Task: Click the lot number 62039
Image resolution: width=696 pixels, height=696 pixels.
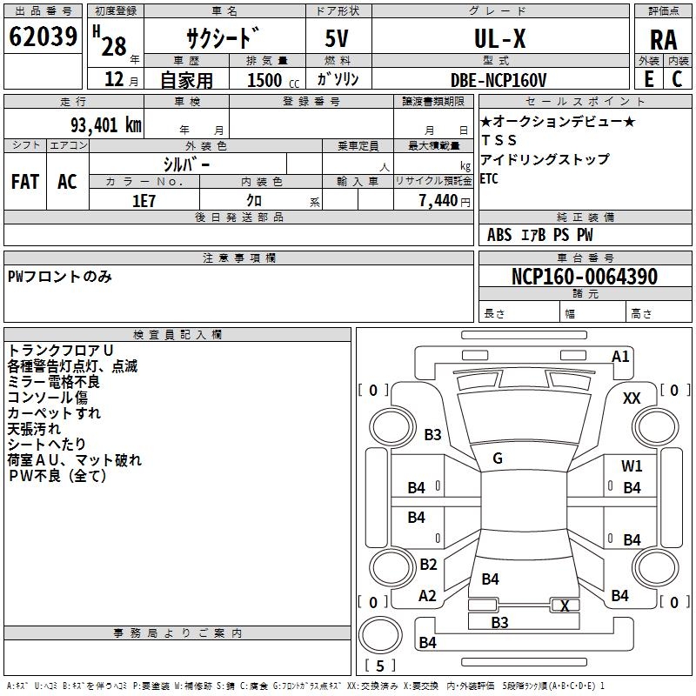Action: (x=43, y=37)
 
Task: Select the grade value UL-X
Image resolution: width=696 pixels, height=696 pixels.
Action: (x=499, y=38)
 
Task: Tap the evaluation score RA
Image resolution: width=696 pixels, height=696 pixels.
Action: (x=663, y=40)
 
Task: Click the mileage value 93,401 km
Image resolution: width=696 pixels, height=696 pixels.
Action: (x=105, y=124)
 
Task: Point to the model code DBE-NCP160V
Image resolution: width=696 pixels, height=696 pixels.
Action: (x=498, y=80)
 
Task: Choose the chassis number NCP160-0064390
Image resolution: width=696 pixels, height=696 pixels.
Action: (x=584, y=276)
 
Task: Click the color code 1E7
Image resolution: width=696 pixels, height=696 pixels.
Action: (x=144, y=201)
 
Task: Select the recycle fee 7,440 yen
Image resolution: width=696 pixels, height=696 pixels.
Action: (x=445, y=201)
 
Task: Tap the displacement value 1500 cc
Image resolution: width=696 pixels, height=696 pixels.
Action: (x=273, y=80)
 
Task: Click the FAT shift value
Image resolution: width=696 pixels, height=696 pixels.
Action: (x=25, y=182)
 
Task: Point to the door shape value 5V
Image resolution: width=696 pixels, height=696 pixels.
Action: (x=337, y=38)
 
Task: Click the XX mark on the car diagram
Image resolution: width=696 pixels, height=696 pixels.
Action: (x=632, y=398)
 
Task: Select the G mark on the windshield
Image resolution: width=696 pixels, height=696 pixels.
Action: (x=498, y=458)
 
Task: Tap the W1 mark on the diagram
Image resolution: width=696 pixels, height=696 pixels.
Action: (x=632, y=465)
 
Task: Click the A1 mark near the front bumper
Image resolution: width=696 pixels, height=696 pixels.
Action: (x=620, y=357)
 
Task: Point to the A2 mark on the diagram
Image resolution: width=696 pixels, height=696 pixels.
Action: (x=427, y=596)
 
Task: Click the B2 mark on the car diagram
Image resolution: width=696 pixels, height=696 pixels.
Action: (x=428, y=564)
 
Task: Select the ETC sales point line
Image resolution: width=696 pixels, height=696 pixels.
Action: (x=489, y=178)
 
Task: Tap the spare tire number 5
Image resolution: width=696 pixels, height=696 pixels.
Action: (x=380, y=666)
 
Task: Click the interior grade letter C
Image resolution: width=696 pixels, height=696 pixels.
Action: (x=677, y=79)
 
